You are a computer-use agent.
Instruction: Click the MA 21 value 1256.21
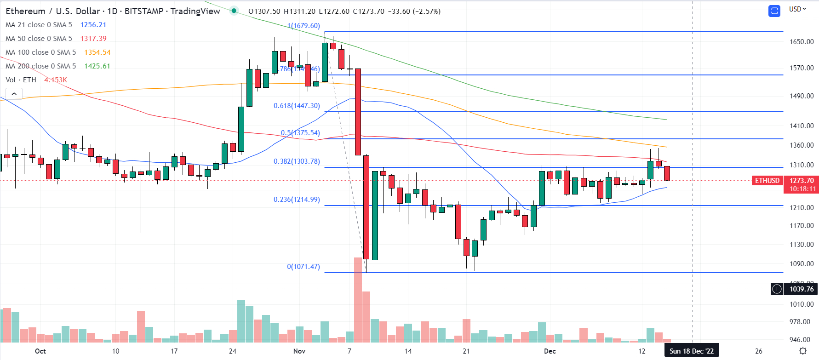[93, 25]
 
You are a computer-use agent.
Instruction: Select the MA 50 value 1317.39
[93, 39]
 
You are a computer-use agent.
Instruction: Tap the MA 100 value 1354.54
[97, 52]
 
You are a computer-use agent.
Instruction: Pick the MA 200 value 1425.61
[97, 66]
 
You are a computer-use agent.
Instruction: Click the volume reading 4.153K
[56, 80]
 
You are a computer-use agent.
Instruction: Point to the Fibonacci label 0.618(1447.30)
[297, 106]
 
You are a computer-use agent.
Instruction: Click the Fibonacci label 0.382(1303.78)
[297, 161]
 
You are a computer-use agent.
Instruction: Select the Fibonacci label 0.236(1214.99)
[297, 200]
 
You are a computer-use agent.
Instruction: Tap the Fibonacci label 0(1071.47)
[303, 267]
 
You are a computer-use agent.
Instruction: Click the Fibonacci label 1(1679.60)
[304, 26]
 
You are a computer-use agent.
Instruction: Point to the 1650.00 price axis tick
[802, 42]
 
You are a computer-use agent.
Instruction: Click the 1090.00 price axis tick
[802, 264]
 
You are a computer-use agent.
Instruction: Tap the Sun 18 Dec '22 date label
[691, 351]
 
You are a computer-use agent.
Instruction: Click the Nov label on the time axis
[299, 351]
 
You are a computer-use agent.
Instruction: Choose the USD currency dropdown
[797, 9]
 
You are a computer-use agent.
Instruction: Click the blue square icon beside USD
[774, 11]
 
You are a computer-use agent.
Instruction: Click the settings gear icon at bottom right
[802, 351]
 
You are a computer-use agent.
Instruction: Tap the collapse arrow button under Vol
[14, 94]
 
